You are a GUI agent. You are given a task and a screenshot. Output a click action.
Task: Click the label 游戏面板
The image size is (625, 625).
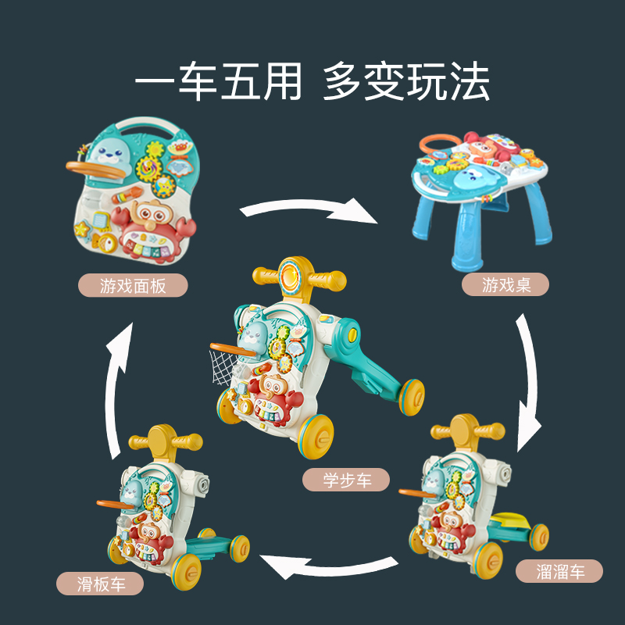click(x=133, y=285)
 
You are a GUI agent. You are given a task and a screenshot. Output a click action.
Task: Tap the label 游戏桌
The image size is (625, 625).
click(x=505, y=284)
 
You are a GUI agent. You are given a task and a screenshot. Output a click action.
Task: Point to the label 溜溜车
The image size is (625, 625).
click(x=559, y=571)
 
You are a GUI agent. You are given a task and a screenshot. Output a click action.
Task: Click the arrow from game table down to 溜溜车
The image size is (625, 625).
click(x=529, y=383)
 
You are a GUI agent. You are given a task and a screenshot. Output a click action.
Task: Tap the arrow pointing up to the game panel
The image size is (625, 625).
click(x=117, y=391)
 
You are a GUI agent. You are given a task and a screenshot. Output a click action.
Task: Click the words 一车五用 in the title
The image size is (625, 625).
click(x=219, y=81)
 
